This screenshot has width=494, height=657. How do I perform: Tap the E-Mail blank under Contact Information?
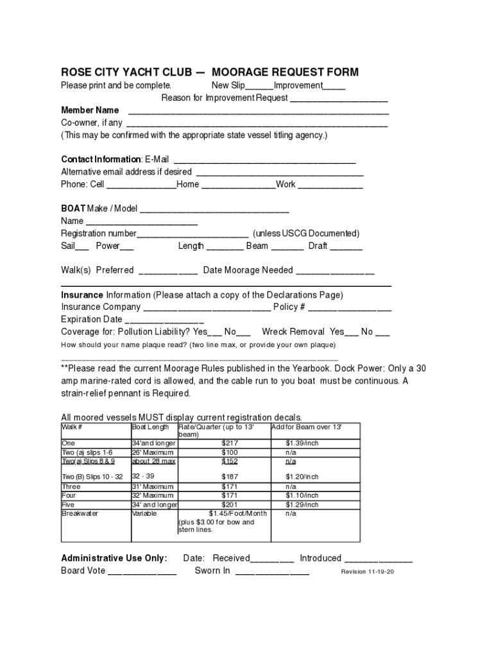coord(264,160)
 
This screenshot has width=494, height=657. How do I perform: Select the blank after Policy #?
coord(350,308)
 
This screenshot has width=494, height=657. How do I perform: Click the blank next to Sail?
coord(83,247)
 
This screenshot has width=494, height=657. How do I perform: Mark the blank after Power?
coord(127,247)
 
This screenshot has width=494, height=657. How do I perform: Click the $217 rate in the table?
coord(230,443)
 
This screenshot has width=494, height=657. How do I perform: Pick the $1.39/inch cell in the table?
coord(302,443)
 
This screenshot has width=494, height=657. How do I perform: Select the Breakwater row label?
coord(80,513)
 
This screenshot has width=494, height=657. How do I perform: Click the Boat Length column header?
coord(151,427)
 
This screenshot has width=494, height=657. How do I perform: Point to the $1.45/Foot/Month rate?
coord(237,513)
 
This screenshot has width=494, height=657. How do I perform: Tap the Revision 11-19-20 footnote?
coord(368,572)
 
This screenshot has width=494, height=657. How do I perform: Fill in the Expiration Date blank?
coord(164,320)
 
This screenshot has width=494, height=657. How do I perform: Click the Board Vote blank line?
coord(142,572)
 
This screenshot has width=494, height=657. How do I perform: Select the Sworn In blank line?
coord(272,572)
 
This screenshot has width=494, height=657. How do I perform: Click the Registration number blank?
coord(192,234)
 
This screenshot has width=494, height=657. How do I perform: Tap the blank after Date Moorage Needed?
coord(335,271)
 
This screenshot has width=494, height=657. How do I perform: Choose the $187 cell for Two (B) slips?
coord(230,477)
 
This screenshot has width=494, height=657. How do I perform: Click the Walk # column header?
coord(72,427)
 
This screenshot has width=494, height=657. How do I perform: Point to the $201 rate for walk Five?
coord(230,505)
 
